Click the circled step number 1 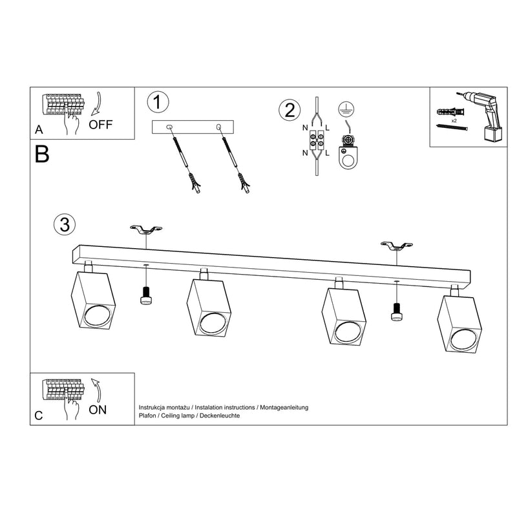158,102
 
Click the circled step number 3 63,224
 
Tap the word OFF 100,125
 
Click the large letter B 43,154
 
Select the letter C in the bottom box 39,416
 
